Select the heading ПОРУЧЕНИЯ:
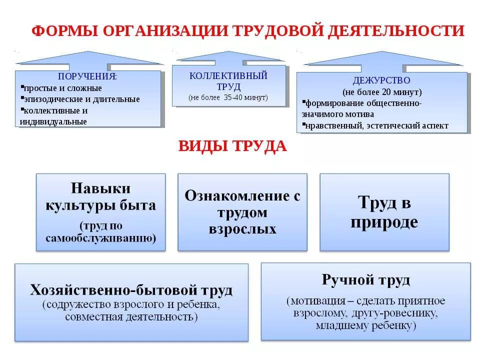(87, 77)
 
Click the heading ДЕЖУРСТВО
(381, 80)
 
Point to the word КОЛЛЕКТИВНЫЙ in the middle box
(228, 76)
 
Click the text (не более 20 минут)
(382, 92)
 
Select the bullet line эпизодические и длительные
(82, 99)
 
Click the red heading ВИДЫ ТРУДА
(233, 146)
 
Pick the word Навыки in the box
(100, 188)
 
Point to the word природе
(384, 221)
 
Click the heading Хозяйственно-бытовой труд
(131, 290)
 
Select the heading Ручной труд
(366, 279)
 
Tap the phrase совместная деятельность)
(131, 316)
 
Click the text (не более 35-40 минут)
(228, 97)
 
